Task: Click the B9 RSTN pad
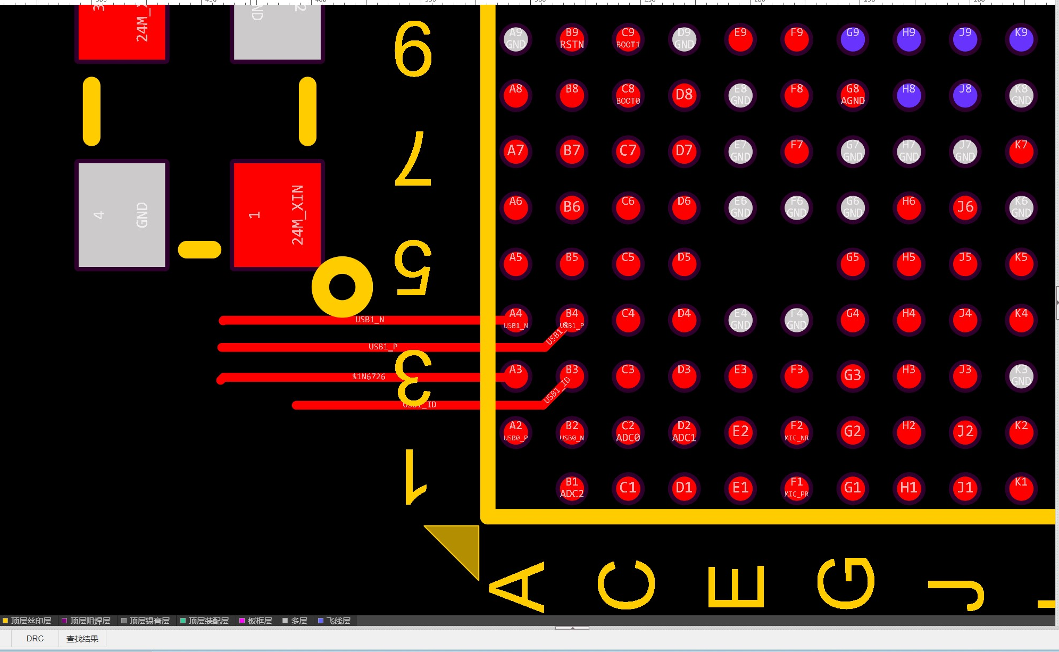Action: coord(572,39)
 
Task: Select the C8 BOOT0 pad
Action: coord(628,95)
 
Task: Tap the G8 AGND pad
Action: coord(853,95)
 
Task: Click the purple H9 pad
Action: coord(909,39)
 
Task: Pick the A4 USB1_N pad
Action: coord(515,320)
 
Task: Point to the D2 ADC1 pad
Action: coord(684,432)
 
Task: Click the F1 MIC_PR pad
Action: coord(796,488)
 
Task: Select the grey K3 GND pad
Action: coord(1021,375)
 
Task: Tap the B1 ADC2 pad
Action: coord(572,488)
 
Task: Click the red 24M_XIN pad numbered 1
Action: coord(277,215)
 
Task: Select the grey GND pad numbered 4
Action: coord(122,215)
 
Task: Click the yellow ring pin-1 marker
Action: coord(342,287)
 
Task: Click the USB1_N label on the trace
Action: coord(370,320)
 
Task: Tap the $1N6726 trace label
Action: coord(369,377)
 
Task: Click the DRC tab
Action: coord(35,638)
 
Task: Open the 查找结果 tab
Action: coord(82,638)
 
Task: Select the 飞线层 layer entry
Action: coord(335,621)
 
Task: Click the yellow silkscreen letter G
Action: coord(846,583)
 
